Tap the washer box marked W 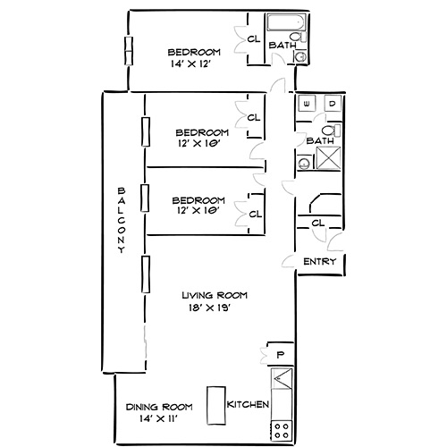(308, 105)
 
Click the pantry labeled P (279, 355)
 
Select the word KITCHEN (248, 405)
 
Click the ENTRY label (319, 262)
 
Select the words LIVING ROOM (214, 295)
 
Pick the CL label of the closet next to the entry (318, 223)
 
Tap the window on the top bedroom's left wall (129, 50)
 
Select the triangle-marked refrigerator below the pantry (280, 386)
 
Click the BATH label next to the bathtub (283, 45)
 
